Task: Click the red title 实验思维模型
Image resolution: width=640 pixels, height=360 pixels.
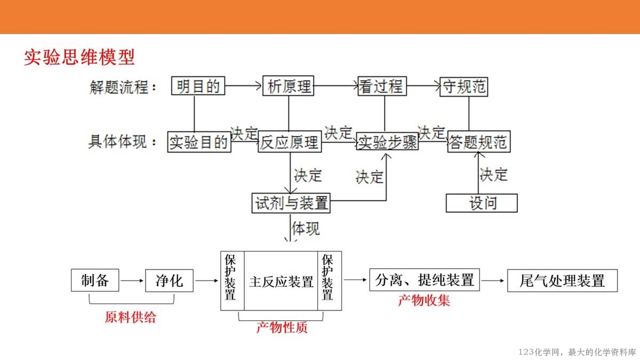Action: pyautogui.click(x=79, y=57)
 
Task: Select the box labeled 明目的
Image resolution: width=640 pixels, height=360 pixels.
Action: pyautogui.click(x=198, y=86)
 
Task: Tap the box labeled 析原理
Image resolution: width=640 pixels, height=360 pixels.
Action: pyautogui.click(x=289, y=86)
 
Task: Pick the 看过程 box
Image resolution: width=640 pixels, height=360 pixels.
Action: pyautogui.click(x=382, y=86)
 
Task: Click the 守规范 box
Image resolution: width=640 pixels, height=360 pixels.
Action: pyautogui.click(x=465, y=86)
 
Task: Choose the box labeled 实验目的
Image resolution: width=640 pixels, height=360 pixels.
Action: pyautogui.click(x=199, y=142)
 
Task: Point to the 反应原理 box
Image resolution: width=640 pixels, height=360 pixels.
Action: pyautogui.click(x=289, y=142)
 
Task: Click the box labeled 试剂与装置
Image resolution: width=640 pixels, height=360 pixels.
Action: pyautogui.click(x=291, y=203)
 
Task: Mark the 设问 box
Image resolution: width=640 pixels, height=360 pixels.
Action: pyautogui.click(x=482, y=203)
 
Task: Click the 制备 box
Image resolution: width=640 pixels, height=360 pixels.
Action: pyautogui.click(x=95, y=281)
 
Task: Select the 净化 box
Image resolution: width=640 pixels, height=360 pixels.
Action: pyautogui.click(x=169, y=281)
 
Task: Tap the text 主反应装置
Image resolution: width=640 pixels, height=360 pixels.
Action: pyautogui.click(x=281, y=281)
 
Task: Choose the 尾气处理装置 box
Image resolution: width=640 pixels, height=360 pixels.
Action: pyautogui.click(x=562, y=281)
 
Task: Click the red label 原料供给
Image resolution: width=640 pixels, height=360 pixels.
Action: pyautogui.click(x=131, y=317)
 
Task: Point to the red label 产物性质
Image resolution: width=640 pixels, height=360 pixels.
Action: pyautogui.click(x=282, y=327)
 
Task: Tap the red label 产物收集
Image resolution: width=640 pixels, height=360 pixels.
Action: pyautogui.click(x=424, y=300)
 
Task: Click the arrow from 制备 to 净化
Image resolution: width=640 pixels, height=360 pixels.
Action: pyautogui.click(x=132, y=281)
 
